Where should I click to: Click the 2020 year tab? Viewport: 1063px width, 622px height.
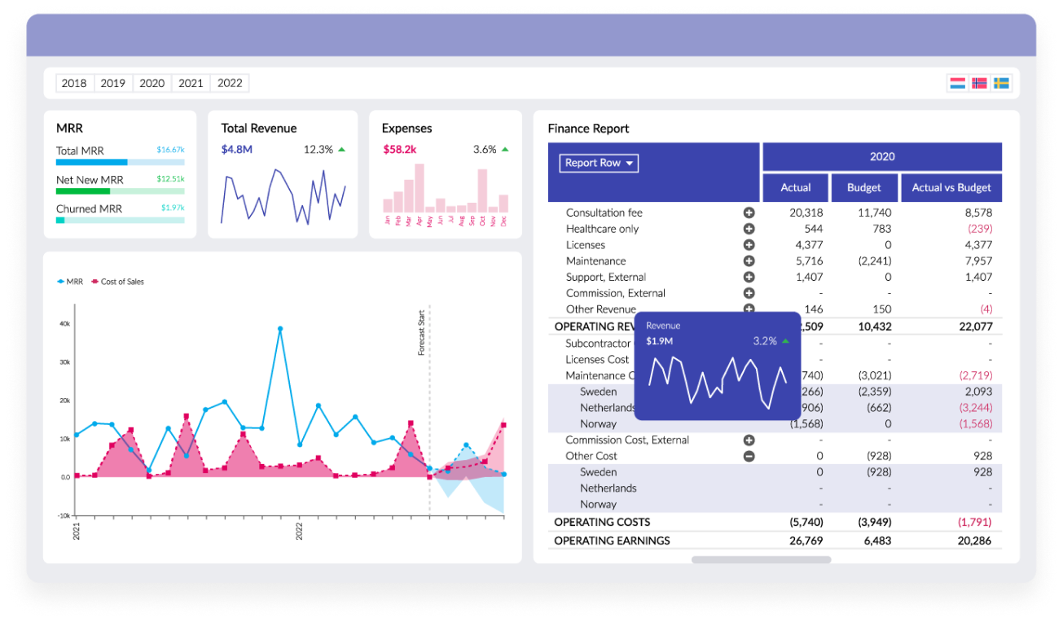coord(152,83)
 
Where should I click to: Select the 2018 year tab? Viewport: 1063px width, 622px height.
coord(74,83)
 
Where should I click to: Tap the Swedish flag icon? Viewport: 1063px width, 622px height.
coord(1001,83)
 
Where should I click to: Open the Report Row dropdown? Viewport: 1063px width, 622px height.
coord(599,163)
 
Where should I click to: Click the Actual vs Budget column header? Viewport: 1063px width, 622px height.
coord(951,187)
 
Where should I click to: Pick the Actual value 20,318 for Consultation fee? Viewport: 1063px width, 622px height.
coord(806,212)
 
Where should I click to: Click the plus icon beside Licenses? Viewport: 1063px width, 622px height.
coord(749,245)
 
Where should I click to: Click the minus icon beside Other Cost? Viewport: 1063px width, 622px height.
coord(749,456)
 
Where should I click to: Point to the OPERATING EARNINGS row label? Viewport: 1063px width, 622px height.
coord(612,541)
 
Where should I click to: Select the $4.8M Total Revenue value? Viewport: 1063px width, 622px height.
coord(236,149)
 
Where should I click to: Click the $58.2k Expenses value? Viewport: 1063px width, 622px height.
coord(400,149)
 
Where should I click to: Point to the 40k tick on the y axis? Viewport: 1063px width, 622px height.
coord(64,324)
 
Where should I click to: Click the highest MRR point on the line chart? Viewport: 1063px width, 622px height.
coord(280,329)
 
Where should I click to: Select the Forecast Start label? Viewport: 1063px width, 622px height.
coord(421,333)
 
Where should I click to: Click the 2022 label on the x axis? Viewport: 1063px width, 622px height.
coord(299,530)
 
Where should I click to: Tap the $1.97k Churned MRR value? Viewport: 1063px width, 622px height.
coord(172,208)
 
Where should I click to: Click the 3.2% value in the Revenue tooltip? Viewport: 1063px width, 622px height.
coord(765,341)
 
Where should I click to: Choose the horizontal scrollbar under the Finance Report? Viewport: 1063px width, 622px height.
coord(761,559)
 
